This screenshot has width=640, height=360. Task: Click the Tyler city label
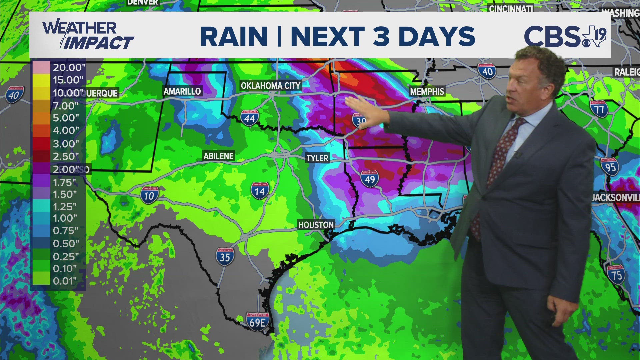[x=317, y=158]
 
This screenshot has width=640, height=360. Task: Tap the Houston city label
[x=316, y=225]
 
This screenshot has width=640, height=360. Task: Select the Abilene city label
[x=219, y=156]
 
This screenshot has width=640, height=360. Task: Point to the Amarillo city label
[x=182, y=91]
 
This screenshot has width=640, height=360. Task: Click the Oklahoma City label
[x=271, y=86]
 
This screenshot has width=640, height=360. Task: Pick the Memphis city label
[x=427, y=91]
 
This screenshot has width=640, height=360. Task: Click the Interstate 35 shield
[x=225, y=257]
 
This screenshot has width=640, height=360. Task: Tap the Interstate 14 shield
[x=260, y=191]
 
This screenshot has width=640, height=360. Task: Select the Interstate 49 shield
[x=370, y=179]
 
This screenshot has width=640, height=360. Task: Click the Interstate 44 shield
[x=249, y=118]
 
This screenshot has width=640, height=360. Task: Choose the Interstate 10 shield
[x=149, y=195]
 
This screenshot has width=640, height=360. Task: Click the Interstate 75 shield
[x=616, y=275]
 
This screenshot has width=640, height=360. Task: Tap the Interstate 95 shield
[x=610, y=166]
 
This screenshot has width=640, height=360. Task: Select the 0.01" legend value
[x=65, y=281]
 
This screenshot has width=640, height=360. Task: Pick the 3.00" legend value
[x=66, y=144]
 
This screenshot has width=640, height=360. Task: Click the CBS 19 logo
[x=565, y=36]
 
